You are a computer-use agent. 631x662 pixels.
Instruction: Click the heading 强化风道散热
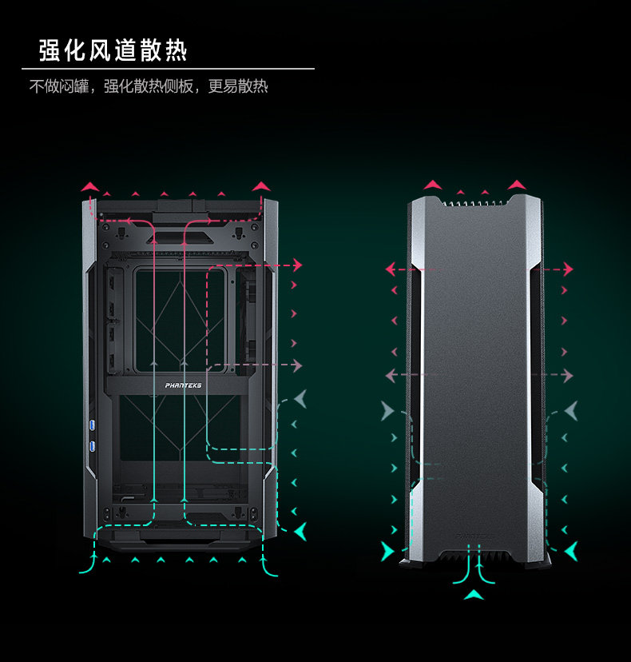113,50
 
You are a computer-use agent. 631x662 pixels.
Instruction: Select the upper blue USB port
92,422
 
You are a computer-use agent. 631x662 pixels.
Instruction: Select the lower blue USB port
92,445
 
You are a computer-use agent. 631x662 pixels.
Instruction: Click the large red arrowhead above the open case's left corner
89,187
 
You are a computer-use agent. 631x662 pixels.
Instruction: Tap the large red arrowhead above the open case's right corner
261,187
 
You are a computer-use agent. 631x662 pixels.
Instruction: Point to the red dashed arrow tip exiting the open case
298,265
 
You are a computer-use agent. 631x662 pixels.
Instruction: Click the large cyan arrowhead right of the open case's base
300,529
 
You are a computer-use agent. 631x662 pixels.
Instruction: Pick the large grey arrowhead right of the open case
299,398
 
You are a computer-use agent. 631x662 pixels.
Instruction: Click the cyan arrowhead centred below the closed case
474,594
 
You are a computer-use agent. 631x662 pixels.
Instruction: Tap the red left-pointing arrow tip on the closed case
389,269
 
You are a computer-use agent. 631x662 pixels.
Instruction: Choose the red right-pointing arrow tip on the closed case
569,269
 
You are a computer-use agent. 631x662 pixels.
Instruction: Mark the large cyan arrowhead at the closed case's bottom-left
387,551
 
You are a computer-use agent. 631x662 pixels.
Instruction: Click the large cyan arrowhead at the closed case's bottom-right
571,551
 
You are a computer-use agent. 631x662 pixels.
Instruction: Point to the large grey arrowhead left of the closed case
387,412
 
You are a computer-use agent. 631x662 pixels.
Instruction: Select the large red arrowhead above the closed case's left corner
432,185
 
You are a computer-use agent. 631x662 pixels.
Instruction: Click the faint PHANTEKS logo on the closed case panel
474,537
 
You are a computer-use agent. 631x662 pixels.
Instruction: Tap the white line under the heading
168,69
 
